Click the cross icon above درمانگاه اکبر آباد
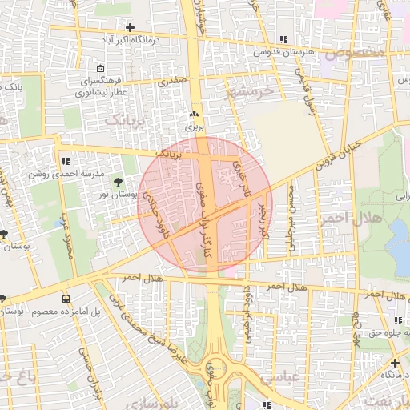(x=130, y=28)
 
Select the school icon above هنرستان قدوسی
(x=283, y=39)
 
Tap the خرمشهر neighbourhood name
(x=251, y=90)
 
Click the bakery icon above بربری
(x=193, y=115)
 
